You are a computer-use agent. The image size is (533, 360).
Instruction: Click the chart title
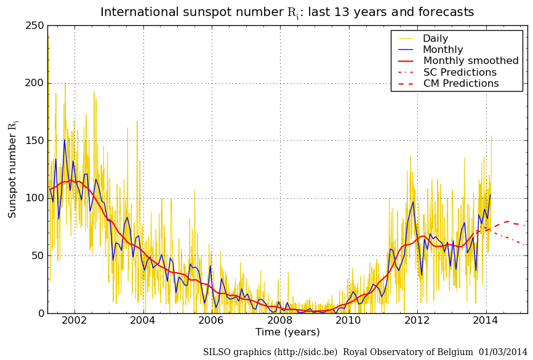tap(287, 12)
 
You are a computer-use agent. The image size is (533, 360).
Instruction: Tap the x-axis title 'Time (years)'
tap(287, 332)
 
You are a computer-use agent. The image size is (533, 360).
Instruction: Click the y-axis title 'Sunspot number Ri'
tap(13, 169)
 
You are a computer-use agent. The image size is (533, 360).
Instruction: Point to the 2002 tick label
tap(74, 321)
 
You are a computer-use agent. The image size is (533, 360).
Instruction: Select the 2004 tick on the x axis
tap(143, 321)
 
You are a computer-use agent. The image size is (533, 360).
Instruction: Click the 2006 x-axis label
tap(211, 321)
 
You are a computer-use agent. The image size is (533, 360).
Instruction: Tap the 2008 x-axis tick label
tap(280, 321)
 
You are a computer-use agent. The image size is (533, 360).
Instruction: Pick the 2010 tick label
tap(348, 321)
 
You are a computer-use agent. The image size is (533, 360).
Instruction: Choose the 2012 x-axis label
tap(417, 321)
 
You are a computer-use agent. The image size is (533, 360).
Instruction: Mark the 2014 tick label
tap(486, 321)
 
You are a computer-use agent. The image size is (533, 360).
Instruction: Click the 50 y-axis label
tap(38, 255)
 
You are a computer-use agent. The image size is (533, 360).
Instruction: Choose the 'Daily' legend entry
tap(435, 39)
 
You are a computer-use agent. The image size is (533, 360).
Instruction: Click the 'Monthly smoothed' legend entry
tap(471, 61)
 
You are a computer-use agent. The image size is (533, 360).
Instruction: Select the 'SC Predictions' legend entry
tap(460, 73)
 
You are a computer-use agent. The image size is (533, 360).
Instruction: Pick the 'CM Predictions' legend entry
tap(461, 84)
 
